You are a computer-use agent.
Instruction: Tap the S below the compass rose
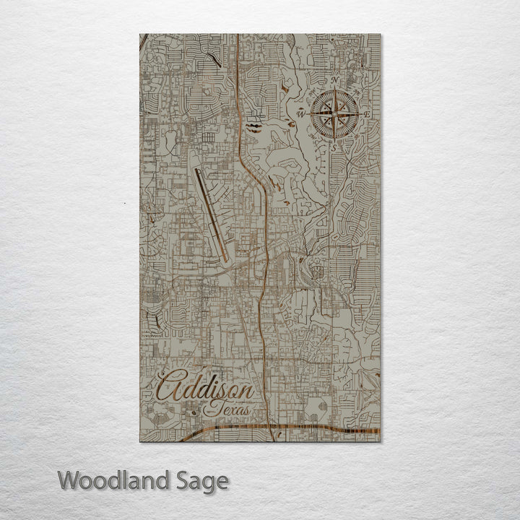(x=334, y=147)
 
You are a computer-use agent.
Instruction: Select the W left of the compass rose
(x=300, y=114)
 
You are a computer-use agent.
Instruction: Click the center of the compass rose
(x=334, y=114)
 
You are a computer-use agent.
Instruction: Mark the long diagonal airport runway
(x=211, y=214)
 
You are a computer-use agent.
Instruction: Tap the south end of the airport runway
(x=226, y=259)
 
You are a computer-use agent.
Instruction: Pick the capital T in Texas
(x=210, y=409)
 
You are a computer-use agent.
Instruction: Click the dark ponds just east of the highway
(x=254, y=127)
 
